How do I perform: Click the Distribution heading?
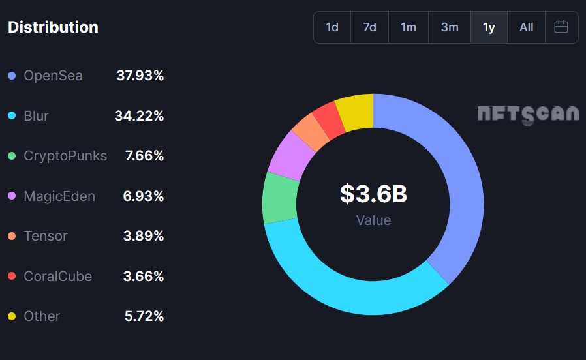(x=53, y=27)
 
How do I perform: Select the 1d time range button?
(x=332, y=27)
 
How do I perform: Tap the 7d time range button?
(x=369, y=27)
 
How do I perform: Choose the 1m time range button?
(x=409, y=27)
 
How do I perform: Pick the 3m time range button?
(x=450, y=27)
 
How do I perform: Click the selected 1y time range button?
(x=489, y=27)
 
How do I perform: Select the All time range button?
(x=526, y=27)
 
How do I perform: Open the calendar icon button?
(x=561, y=27)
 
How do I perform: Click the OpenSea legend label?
(x=53, y=76)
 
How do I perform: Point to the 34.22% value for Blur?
(x=139, y=116)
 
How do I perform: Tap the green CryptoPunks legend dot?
(x=12, y=156)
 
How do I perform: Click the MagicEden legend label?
(x=59, y=196)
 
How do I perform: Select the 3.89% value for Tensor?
(x=144, y=236)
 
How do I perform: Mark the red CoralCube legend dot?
(x=12, y=277)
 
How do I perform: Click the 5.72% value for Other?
(x=144, y=316)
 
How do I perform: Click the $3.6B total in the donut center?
(x=373, y=194)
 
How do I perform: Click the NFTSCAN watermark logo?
(x=527, y=114)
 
